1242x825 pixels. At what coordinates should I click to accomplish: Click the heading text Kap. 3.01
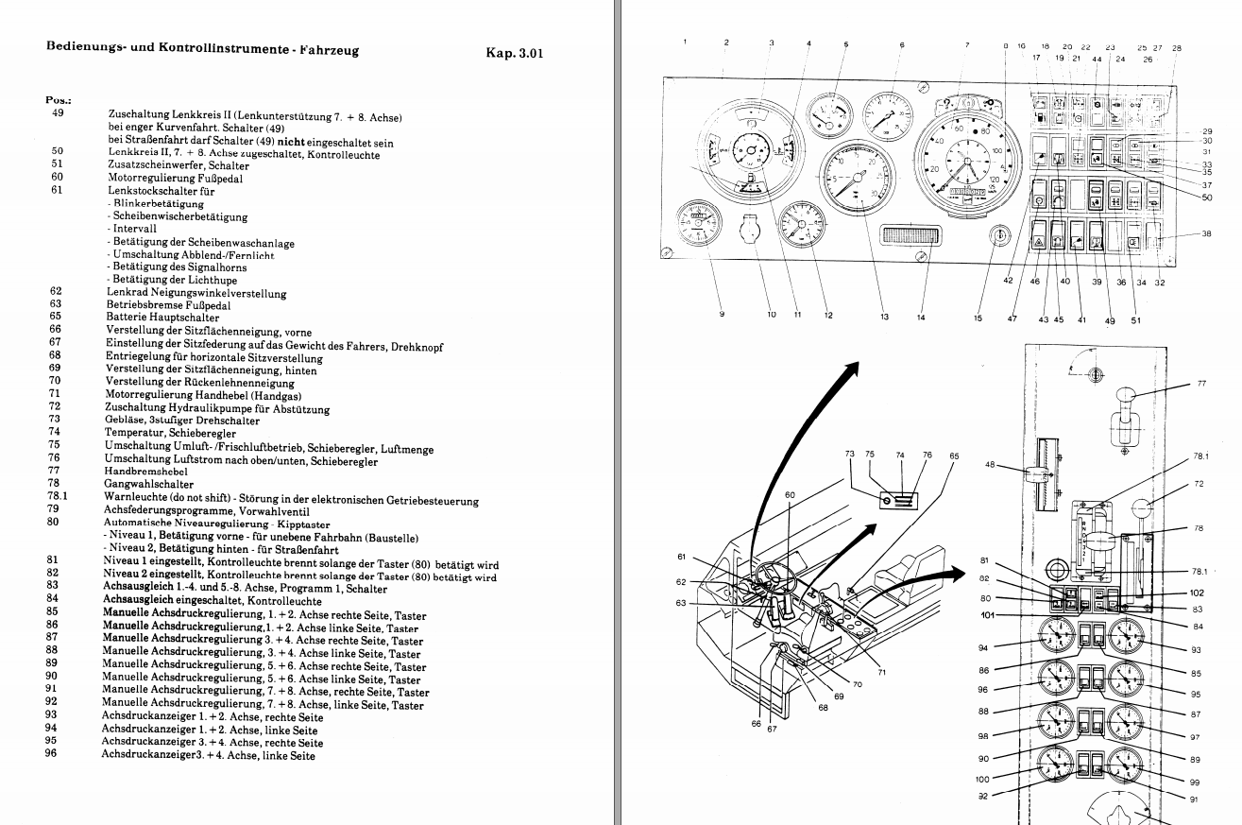(514, 53)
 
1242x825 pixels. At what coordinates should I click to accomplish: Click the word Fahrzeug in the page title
(321, 49)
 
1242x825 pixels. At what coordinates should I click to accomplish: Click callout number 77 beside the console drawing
(1201, 384)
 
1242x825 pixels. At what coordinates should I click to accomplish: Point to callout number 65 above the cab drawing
(953, 455)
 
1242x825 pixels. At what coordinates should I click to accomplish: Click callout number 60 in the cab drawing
(790, 494)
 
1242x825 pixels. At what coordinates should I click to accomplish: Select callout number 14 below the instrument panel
(921, 318)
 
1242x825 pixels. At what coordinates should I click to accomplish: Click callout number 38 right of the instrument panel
(1206, 234)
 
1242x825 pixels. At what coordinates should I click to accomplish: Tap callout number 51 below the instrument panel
(1135, 320)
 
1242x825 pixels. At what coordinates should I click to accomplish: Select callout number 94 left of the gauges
(984, 648)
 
